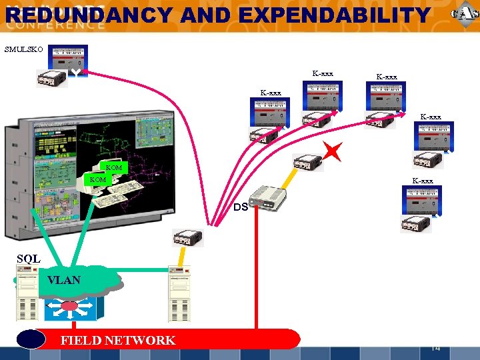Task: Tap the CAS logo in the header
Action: [x=464, y=15]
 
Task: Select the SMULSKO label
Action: [x=24, y=49]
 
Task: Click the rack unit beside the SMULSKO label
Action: [x=68, y=59]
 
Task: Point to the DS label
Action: [x=241, y=207]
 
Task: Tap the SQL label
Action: [x=29, y=258]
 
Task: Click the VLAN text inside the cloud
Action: [x=64, y=280]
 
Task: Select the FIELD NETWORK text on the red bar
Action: [x=118, y=340]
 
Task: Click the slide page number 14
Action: [x=435, y=347]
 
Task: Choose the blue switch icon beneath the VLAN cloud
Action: [x=74, y=307]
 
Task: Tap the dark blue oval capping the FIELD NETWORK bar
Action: [x=31, y=339]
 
